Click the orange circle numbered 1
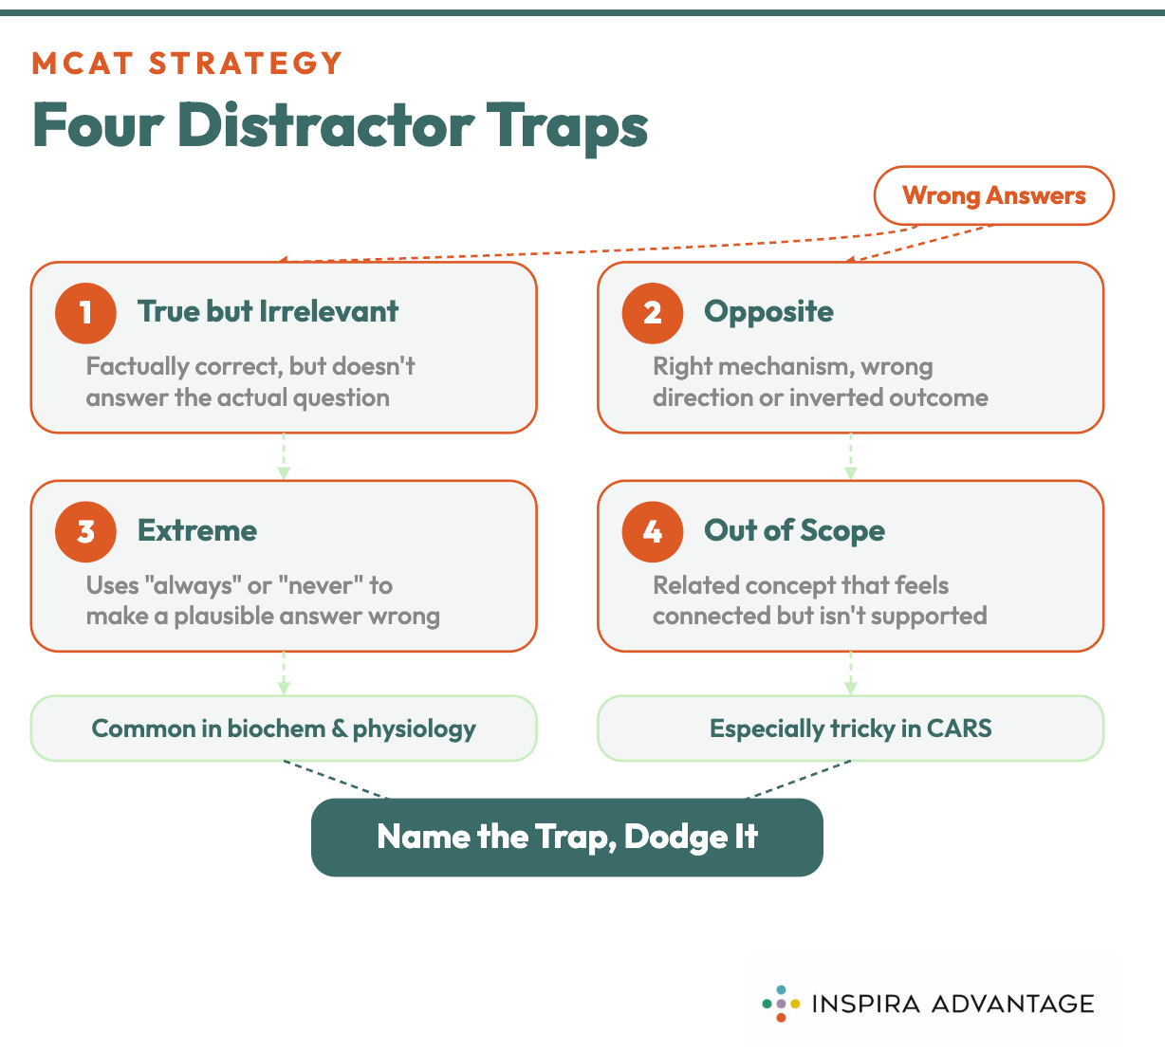pyautogui.click(x=85, y=312)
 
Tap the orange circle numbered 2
pyautogui.click(x=652, y=312)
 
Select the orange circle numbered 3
pyautogui.click(x=85, y=531)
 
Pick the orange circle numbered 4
pyautogui.click(x=652, y=531)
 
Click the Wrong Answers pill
pyautogui.click(x=993, y=195)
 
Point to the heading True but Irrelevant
pyautogui.click(x=268, y=311)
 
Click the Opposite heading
pyautogui.click(x=768, y=311)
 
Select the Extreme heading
pyautogui.click(x=197, y=530)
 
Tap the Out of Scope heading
pyautogui.click(x=794, y=530)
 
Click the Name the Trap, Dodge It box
pyautogui.click(x=566, y=837)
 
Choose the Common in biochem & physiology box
pyautogui.click(x=284, y=728)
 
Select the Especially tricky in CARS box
pyautogui.click(x=850, y=728)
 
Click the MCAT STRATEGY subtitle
pyautogui.click(x=187, y=64)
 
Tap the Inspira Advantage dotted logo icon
pyautogui.click(x=781, y=1004)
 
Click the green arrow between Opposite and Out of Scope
pyautogui.click(x=850, y=457)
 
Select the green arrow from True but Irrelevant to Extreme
pyautogui.click(x=284, y=457)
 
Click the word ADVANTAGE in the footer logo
pyautogui.click(x=1012, y=1004)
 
